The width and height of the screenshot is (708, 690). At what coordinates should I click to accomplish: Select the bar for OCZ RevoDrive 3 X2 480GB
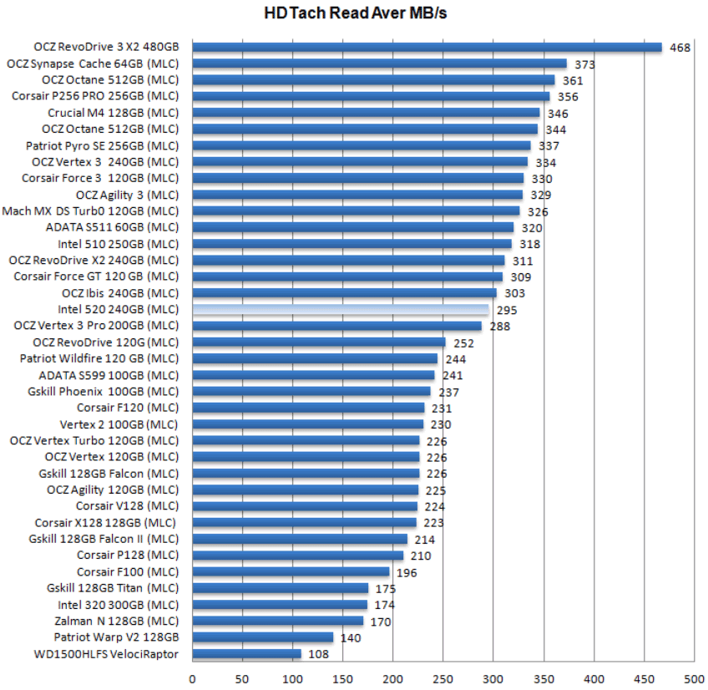(x=427, y=48)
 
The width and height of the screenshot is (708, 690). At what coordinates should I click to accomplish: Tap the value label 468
(x=680, y=48)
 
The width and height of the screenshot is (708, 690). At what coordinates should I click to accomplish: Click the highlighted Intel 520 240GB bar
(x=341, y=309)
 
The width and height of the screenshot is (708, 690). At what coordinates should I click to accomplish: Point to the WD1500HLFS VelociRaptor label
(x=106, y=654)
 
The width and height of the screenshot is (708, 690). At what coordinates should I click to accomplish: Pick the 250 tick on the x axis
(x=443, y=679)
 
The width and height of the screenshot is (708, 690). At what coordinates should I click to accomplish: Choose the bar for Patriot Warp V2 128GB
(x=263, y=637)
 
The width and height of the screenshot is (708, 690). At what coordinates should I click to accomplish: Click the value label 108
(x=319, y=654)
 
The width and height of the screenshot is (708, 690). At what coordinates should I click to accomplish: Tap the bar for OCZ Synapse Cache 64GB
(x=380, y=63)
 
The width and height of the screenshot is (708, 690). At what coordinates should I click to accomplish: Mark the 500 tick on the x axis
(x=694, y=679)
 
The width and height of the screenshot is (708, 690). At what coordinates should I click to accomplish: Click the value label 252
(x=463, y=342)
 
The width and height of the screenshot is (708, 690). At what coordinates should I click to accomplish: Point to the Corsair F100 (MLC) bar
(x=291, y=572)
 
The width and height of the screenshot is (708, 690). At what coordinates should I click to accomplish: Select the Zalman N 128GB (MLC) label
(x=116, y=621)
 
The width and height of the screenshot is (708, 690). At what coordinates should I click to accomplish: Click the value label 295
(x=506, y=310)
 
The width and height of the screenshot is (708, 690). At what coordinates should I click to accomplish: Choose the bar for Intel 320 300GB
(x=280, y=605)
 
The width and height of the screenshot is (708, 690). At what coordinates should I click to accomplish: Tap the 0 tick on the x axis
(x=193, y=679)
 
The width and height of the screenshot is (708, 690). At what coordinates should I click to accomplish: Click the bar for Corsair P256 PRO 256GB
(x=371, y=96)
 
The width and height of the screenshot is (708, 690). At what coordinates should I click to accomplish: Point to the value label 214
(x=425, y=540)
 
